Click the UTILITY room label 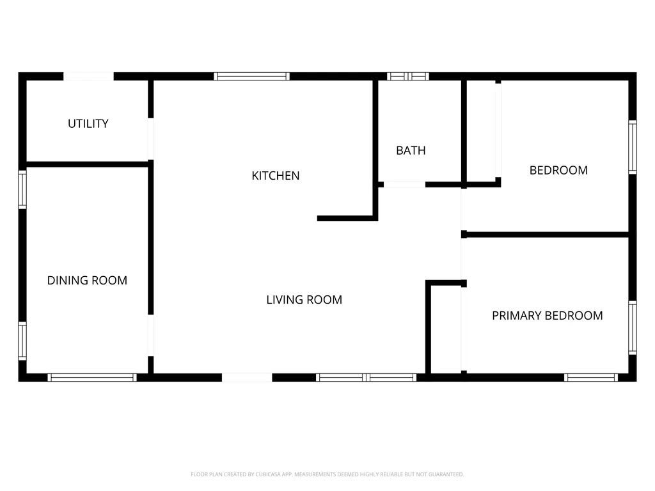pos(88,123)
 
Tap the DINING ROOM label pos(87,280)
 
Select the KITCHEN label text pos(275,176)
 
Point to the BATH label pos(411,150)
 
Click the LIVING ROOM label pos(304,299)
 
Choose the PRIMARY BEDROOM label pos(548,315)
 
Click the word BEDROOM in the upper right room pos(558,170)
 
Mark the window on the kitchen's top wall pos(251,77)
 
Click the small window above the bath pos(407,77)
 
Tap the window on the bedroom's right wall pos(633,147)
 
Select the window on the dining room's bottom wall pos(92,377)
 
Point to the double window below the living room pos(366,377)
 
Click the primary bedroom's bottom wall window pos(590,377)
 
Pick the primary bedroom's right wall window pos(633,328)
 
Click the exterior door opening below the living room pos(247,377)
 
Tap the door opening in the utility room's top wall pos(88,77)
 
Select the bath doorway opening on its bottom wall pos(404,184)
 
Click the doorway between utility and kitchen pos(151,139)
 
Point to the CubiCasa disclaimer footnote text pos(327,474)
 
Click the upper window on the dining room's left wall pos(22,189)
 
